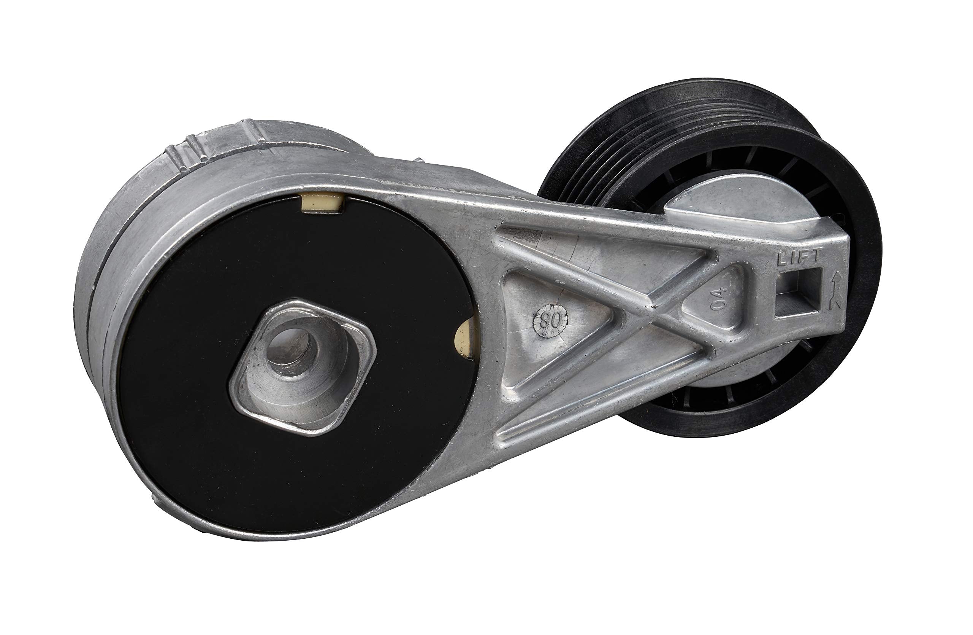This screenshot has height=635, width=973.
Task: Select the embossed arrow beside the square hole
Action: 834,291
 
